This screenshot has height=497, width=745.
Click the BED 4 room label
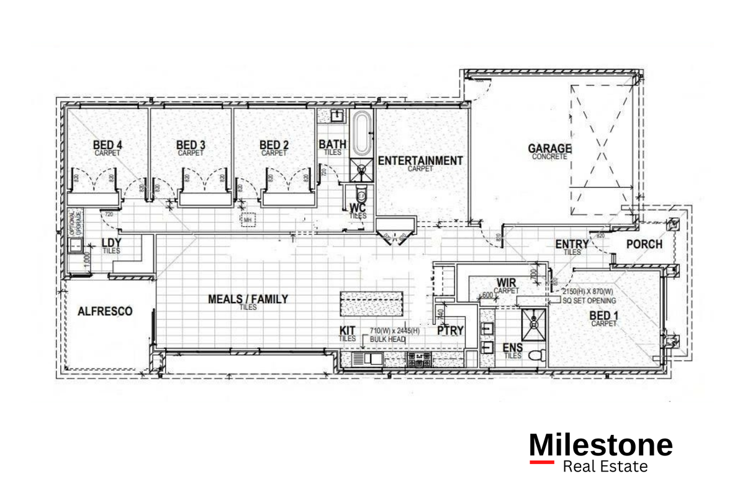(109, 145)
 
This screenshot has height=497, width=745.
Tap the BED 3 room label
(191, 145)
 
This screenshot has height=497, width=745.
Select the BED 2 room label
(274, 145)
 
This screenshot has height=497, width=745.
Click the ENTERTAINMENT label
(420, 160)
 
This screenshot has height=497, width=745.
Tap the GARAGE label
(549, 148)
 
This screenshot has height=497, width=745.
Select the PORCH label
(644, 244)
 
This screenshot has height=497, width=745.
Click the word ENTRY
(572, 244)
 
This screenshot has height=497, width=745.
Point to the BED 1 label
(604, 316)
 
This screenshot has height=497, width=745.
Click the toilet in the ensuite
(538, 355)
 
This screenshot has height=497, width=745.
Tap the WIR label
(506, 283)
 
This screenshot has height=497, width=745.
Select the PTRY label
(450, 331)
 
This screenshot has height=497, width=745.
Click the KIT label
(347, 331)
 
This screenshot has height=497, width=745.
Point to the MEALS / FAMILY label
(248, 299)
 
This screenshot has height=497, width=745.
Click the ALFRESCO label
(105, 311)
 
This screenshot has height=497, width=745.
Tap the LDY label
(111, 243)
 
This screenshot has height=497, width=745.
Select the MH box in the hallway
(248, 219)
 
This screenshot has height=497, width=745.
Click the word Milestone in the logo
(600, 445)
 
